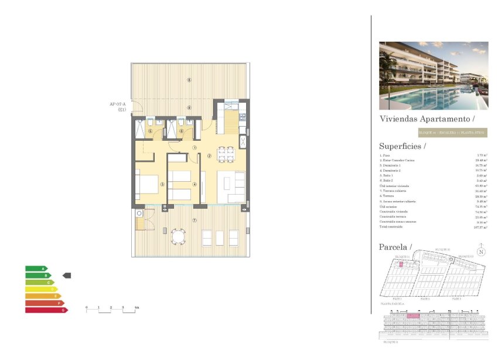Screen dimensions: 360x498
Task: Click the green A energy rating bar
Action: point(36,269)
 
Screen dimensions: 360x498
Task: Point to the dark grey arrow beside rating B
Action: point(66,275)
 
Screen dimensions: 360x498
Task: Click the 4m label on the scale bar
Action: point(137,307)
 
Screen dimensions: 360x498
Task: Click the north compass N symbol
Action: point(480,252)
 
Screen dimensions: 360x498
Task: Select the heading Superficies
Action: point(403,146)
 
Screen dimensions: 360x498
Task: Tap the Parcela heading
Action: point(395,247)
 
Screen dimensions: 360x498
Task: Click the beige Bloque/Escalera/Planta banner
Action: point(452,133)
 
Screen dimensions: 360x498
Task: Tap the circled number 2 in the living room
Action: point(209,157)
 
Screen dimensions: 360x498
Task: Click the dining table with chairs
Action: point(226,154)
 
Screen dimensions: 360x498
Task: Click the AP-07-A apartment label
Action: point(118,104)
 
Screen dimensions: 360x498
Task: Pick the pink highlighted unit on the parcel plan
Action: point(401,264)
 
